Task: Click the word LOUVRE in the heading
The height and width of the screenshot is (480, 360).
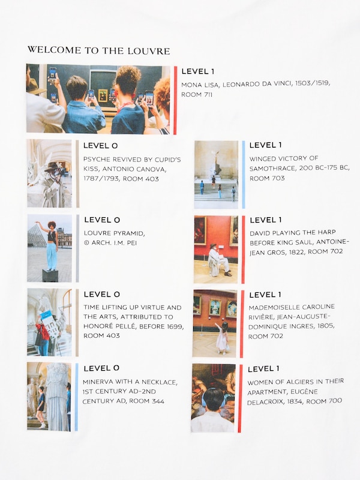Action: [149, 51]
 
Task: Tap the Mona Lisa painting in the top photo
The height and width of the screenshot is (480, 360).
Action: [103, 95]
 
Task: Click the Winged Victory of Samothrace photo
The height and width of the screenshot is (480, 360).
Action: [216, 175]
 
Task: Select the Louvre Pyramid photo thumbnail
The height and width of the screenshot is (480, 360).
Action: [50, 248]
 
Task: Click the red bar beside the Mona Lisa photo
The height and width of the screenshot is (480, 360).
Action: [175, 100]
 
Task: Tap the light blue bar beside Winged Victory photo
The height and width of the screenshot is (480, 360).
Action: [244, 175]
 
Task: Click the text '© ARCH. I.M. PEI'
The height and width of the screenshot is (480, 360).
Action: [110, 243]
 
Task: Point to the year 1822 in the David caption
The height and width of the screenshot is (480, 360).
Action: [296, 252]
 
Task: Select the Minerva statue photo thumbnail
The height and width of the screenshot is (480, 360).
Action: [49, 397]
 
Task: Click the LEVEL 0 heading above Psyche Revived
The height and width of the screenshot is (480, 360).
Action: [100, 146]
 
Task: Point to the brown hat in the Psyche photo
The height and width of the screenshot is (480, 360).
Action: [52, 167]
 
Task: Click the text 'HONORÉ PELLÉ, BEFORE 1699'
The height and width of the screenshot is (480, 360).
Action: [133, 326]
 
